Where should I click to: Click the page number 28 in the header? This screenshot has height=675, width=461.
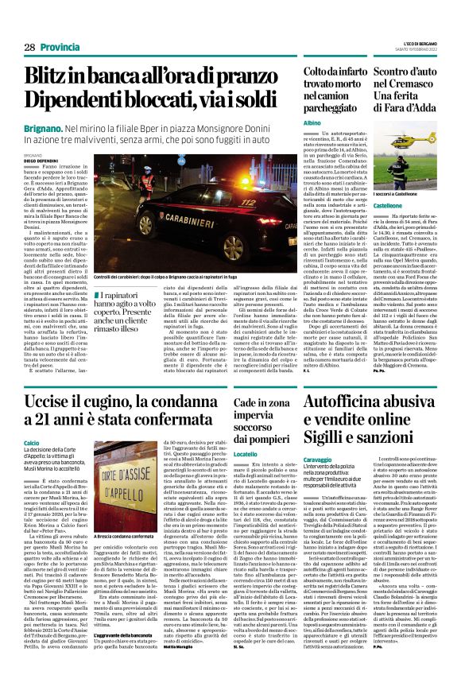[x=29, y=48]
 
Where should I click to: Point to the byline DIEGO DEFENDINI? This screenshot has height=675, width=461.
[x=41, y=160]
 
